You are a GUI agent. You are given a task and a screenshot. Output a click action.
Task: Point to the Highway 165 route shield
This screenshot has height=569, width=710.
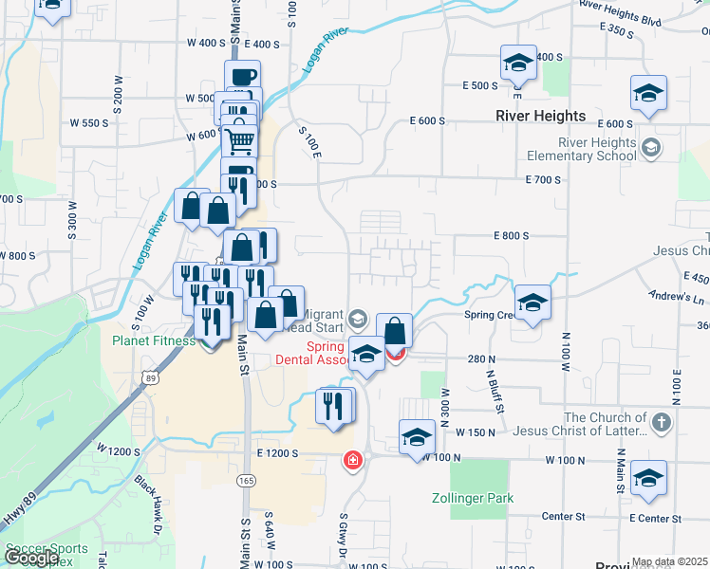pos(246,482)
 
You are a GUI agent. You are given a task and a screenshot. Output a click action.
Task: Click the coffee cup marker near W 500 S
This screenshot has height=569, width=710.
pos(242,76)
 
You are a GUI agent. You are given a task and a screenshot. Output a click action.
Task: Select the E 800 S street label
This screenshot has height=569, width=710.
pos(510,236)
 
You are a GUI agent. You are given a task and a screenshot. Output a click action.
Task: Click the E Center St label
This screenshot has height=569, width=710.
pos(655,519)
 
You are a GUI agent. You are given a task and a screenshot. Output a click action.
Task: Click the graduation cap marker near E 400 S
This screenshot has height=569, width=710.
pos(518,64)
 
